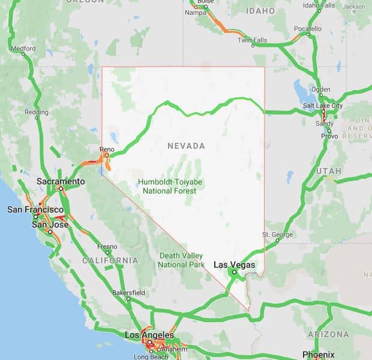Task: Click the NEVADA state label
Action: coord(186,146)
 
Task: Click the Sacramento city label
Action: coord(61,181)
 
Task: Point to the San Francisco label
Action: coord(35,209)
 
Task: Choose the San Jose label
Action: coord(46,224)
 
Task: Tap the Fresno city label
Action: coord(107,247)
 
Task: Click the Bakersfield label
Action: coord(129,292)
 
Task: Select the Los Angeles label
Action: coord(149,335)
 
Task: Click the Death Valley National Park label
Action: coord(181,260)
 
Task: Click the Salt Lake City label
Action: coord(323,106)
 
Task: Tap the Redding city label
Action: coord(37,112)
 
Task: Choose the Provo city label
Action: coord(329,136)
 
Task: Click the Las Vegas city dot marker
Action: coord(234,272)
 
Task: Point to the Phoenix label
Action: coord(318,353)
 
